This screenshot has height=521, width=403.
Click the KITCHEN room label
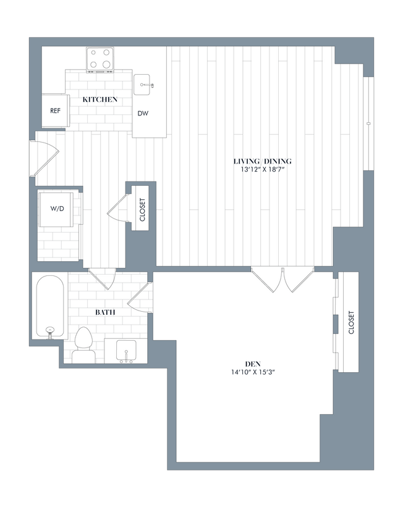pos(100,99)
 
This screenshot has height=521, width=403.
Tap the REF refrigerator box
pos(55,112)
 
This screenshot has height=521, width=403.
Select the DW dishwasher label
pos(143,114)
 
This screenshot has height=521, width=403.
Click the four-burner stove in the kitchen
pos(101,59)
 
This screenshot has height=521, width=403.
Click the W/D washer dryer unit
pos(57,209)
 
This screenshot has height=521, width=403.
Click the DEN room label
pos(250,364)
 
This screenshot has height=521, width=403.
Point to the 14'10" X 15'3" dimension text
pos(250,372)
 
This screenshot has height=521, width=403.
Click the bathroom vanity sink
pos(126,351)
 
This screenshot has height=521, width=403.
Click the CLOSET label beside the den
pos(350,322)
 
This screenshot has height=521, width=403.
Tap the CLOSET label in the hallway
pos(142,209)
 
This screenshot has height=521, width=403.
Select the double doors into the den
pos(282,278)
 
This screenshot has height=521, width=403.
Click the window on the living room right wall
pos(368,123)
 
